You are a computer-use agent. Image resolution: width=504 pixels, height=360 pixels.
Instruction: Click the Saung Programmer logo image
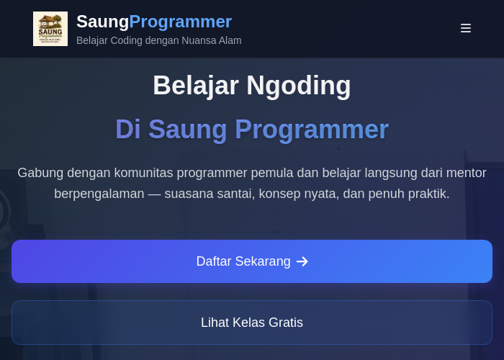tap(50, 29)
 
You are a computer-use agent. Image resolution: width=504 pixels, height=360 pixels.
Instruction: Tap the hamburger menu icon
tap(465, 28)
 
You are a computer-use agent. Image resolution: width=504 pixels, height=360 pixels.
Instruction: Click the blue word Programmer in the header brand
tap(180, 22)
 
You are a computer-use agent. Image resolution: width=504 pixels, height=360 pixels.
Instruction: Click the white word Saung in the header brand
tap(102, 22)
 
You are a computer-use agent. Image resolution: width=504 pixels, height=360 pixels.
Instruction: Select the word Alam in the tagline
tap(230, 40)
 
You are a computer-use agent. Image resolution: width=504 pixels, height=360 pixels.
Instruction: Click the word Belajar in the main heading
tap(195, 86)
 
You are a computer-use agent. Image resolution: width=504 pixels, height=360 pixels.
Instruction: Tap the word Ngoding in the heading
tap(299, 86)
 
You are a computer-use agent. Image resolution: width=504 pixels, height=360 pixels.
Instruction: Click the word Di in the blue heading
tap(128, 129)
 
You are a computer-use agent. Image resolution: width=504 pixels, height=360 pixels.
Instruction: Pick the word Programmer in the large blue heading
tap(312, 130)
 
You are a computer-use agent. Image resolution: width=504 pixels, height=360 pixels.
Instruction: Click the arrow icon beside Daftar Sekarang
tap(302, 261)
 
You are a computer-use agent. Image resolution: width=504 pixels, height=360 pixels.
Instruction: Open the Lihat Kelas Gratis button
tap(252, 323)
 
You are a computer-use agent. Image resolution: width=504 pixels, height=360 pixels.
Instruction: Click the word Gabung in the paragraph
tap(40, 174)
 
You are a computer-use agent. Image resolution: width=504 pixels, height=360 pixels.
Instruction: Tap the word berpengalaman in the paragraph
tap(99, 194)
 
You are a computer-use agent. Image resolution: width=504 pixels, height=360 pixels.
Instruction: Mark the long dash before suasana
tap(154, 194)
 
